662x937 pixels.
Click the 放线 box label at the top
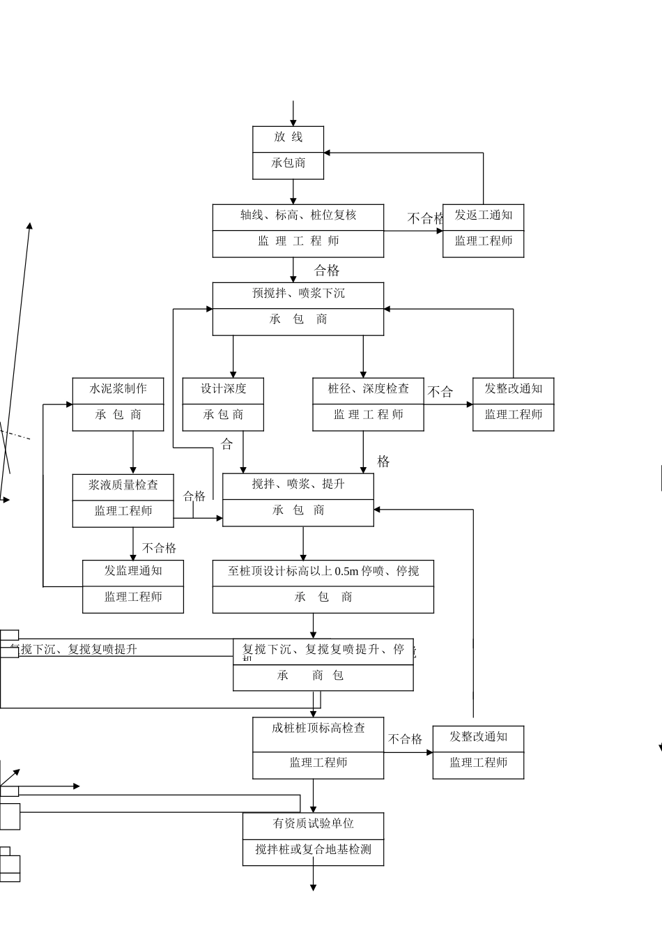coord(288,137)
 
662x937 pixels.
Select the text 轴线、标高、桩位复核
coord(298,215)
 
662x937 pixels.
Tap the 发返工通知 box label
coord(484,215)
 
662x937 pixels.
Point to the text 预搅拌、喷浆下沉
coord(298,294)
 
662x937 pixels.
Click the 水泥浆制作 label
coord(118,389)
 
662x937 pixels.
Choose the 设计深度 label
coord(223,389)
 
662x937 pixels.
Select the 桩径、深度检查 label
coord(369,389)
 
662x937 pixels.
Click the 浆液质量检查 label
coord(123,485)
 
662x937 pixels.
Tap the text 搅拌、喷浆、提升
coord(298,485)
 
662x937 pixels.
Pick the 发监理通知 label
coord(133,571)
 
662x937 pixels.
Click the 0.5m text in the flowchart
coord(346,572)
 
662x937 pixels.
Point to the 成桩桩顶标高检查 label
coord(318,729)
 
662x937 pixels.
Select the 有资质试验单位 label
coord(313,824)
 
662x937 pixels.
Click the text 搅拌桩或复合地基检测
coord(313,850)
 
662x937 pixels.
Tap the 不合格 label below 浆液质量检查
coord(160,548)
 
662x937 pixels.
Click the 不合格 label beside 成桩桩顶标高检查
coord(405,739)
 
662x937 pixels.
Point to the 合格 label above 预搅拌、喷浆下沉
coord(327,271)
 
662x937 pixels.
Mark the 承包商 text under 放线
coord(288,163)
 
